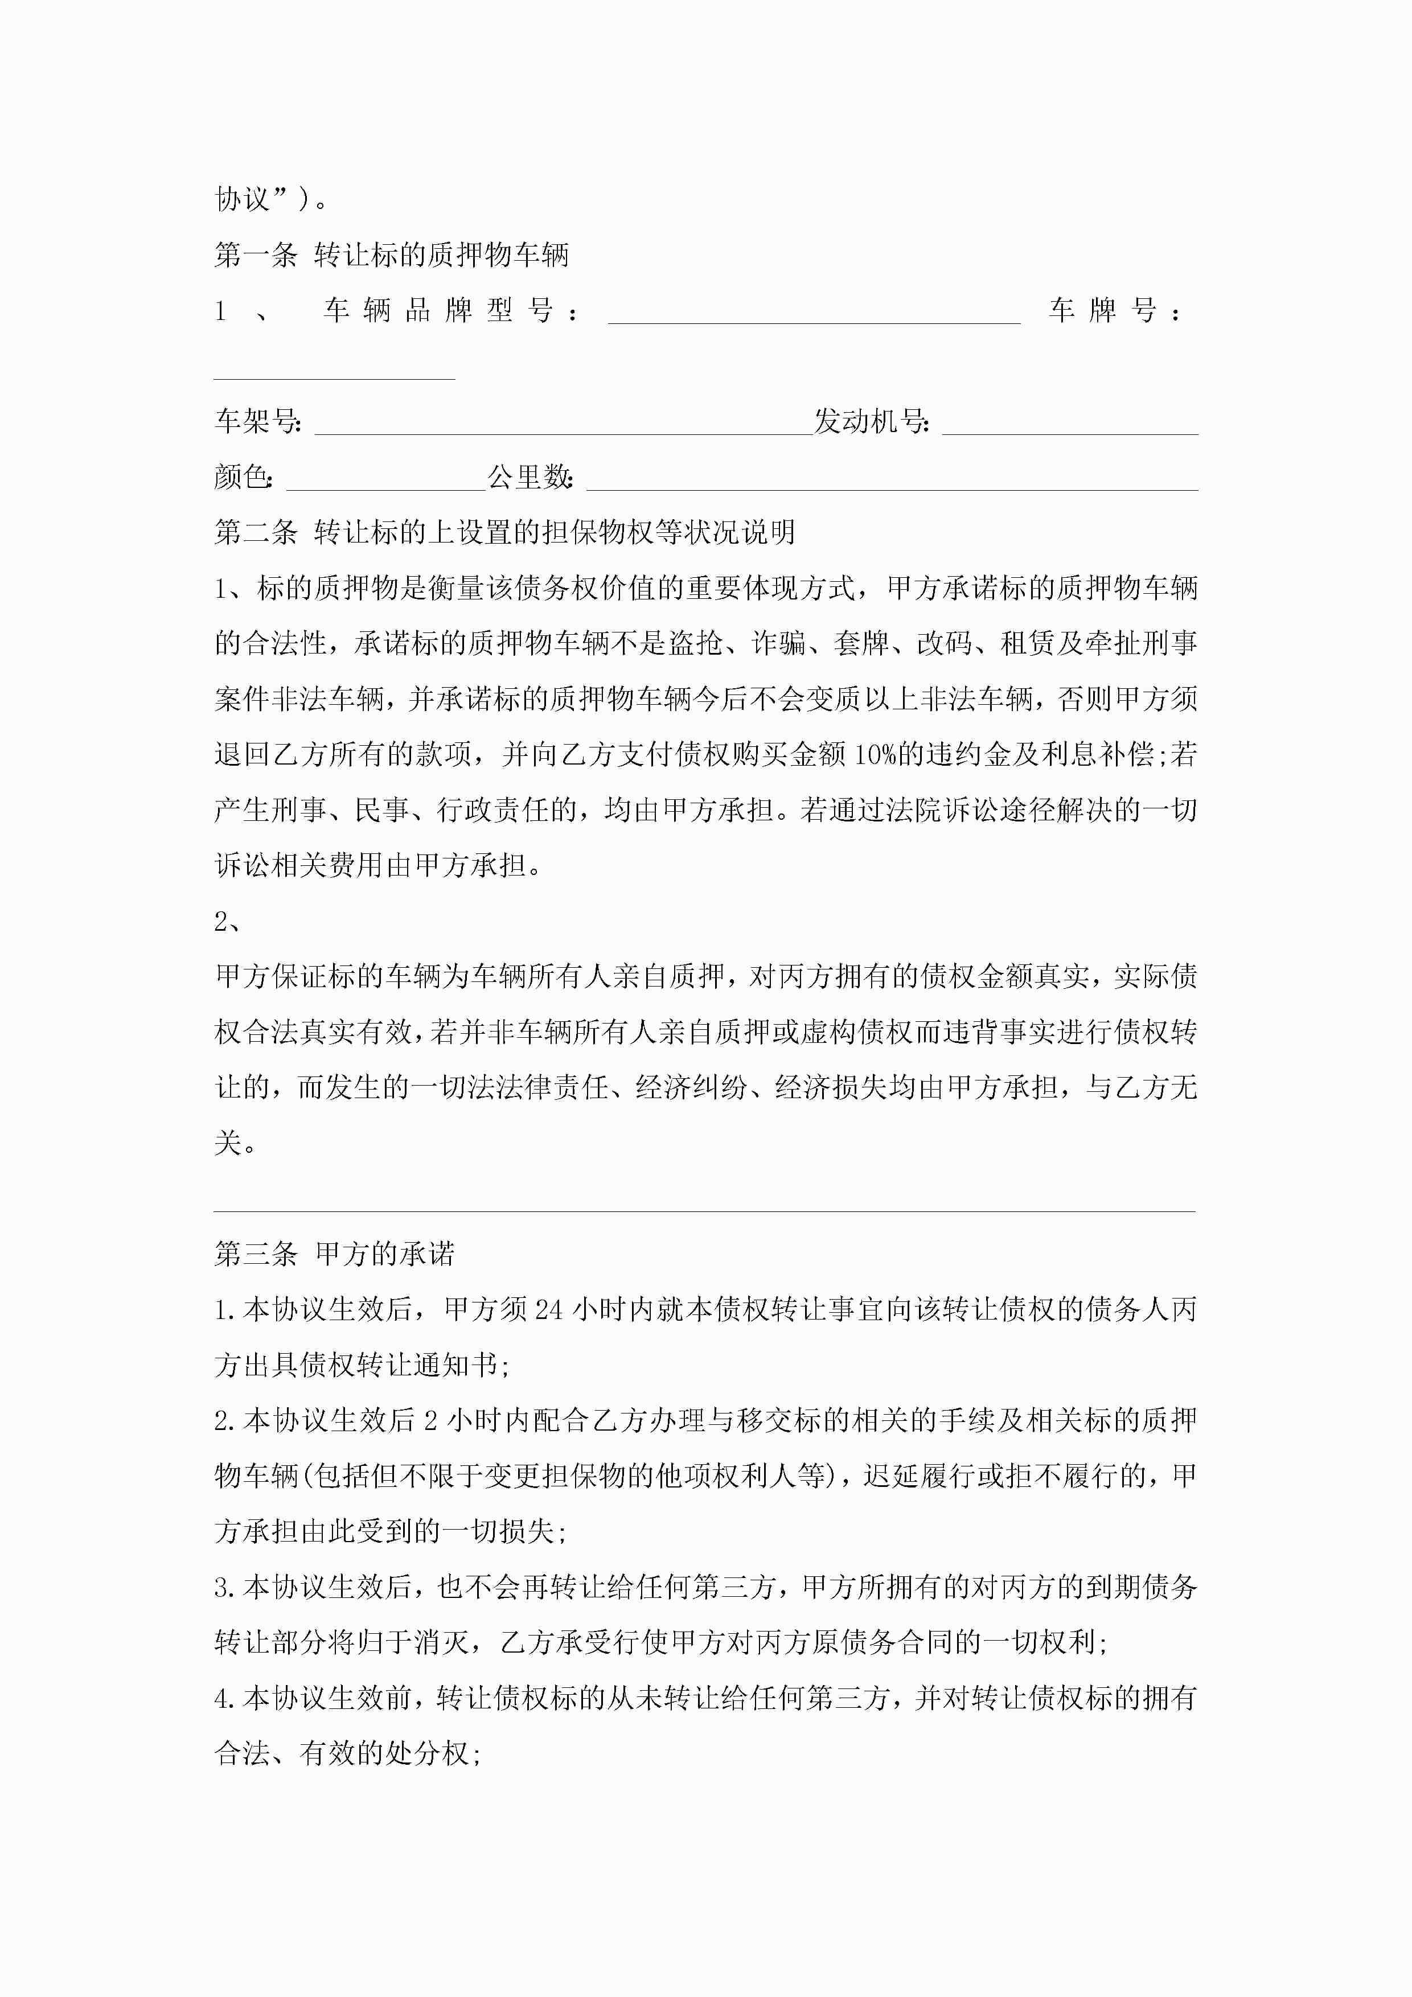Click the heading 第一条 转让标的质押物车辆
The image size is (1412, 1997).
pos(392,255)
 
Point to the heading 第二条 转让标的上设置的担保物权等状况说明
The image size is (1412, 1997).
pos(504,532)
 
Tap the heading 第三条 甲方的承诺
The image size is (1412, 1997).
pos(334,1254)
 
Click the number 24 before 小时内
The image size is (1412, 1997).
pos(549,1309)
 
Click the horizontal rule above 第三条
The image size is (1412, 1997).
pos(705,1211)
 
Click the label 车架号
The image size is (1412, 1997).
pos(257,422)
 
